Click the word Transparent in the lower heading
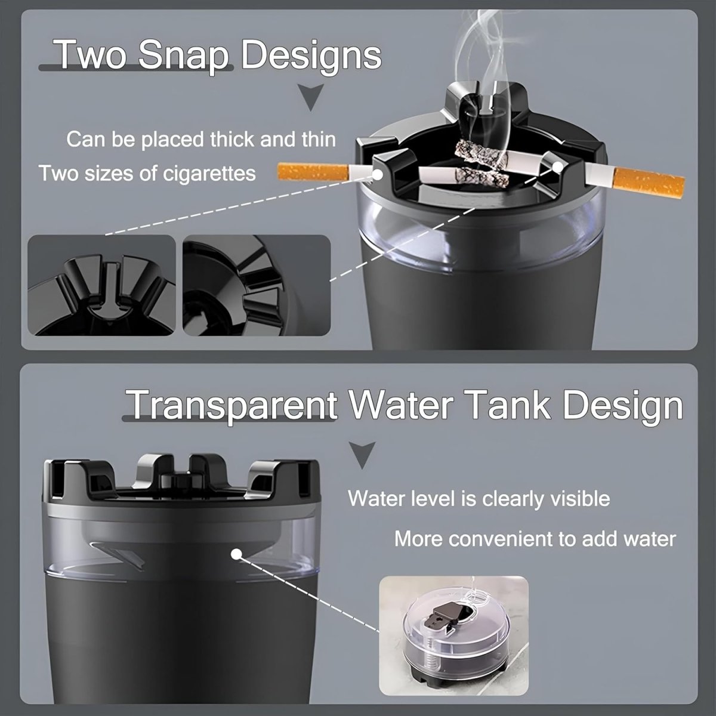(x=233, y=405)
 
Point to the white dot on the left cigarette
(x=378, y=175)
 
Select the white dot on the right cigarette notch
(x=557, y=167)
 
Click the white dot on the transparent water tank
(x=236, y=554)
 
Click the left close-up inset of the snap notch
(x=101, y=285)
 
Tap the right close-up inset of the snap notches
(x=257, y=285)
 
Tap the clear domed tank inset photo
(x=454, y=635)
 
